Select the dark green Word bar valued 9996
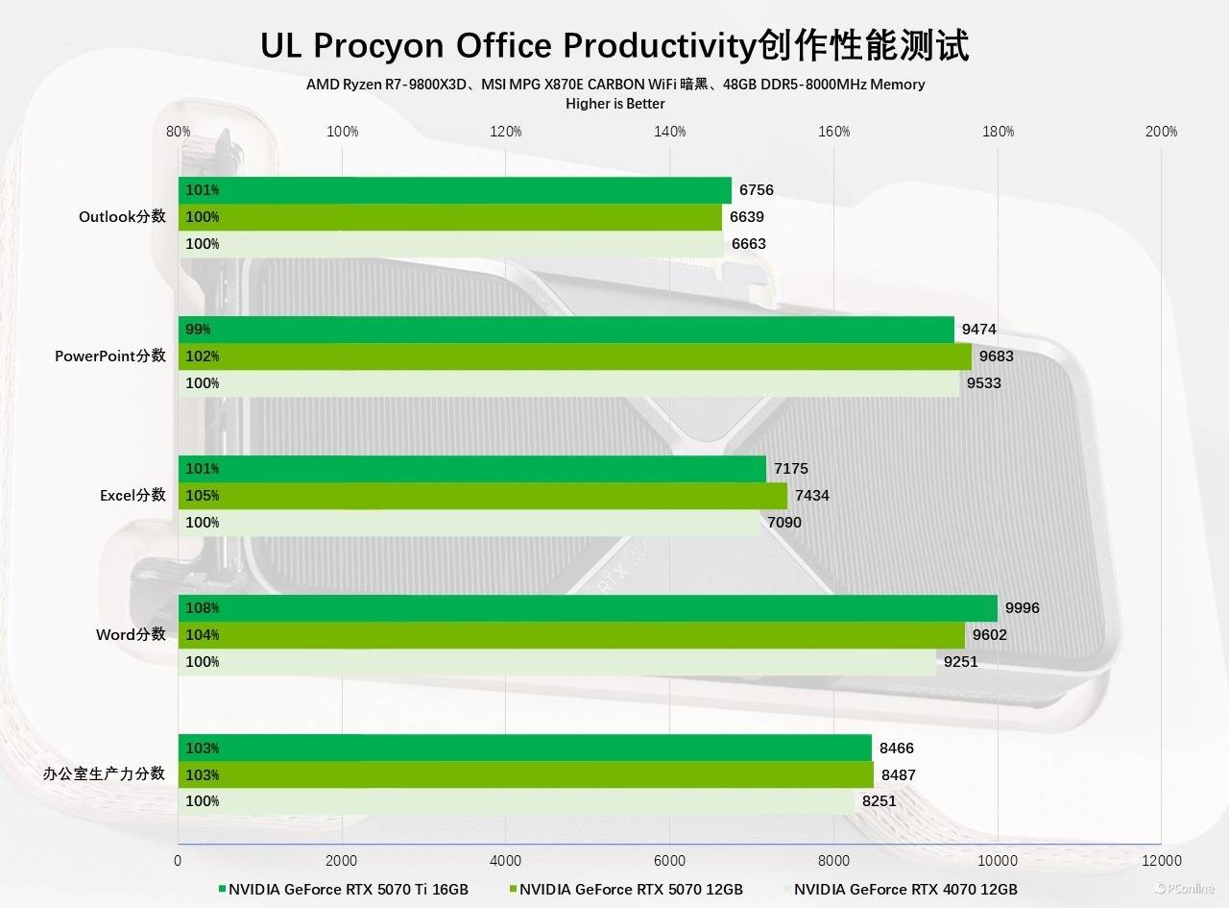(x=588, y=608)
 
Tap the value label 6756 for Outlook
(x=756, y=190)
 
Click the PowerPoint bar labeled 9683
(x=574, y=356)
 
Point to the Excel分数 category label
(x=133, y=496)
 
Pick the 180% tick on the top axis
(x=998, y=132)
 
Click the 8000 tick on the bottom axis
(x=833, y=860)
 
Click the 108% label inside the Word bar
(x=202, y=608)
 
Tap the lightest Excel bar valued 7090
(x=469, y=523)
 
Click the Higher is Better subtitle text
(x=614, y=104)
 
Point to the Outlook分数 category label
(x=122, y=217)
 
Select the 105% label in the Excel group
(x=202, y=496)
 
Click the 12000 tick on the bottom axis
(x=1161, y=860)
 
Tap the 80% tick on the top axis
(x=178, y=132)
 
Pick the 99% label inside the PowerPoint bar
(x=198, y=330)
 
